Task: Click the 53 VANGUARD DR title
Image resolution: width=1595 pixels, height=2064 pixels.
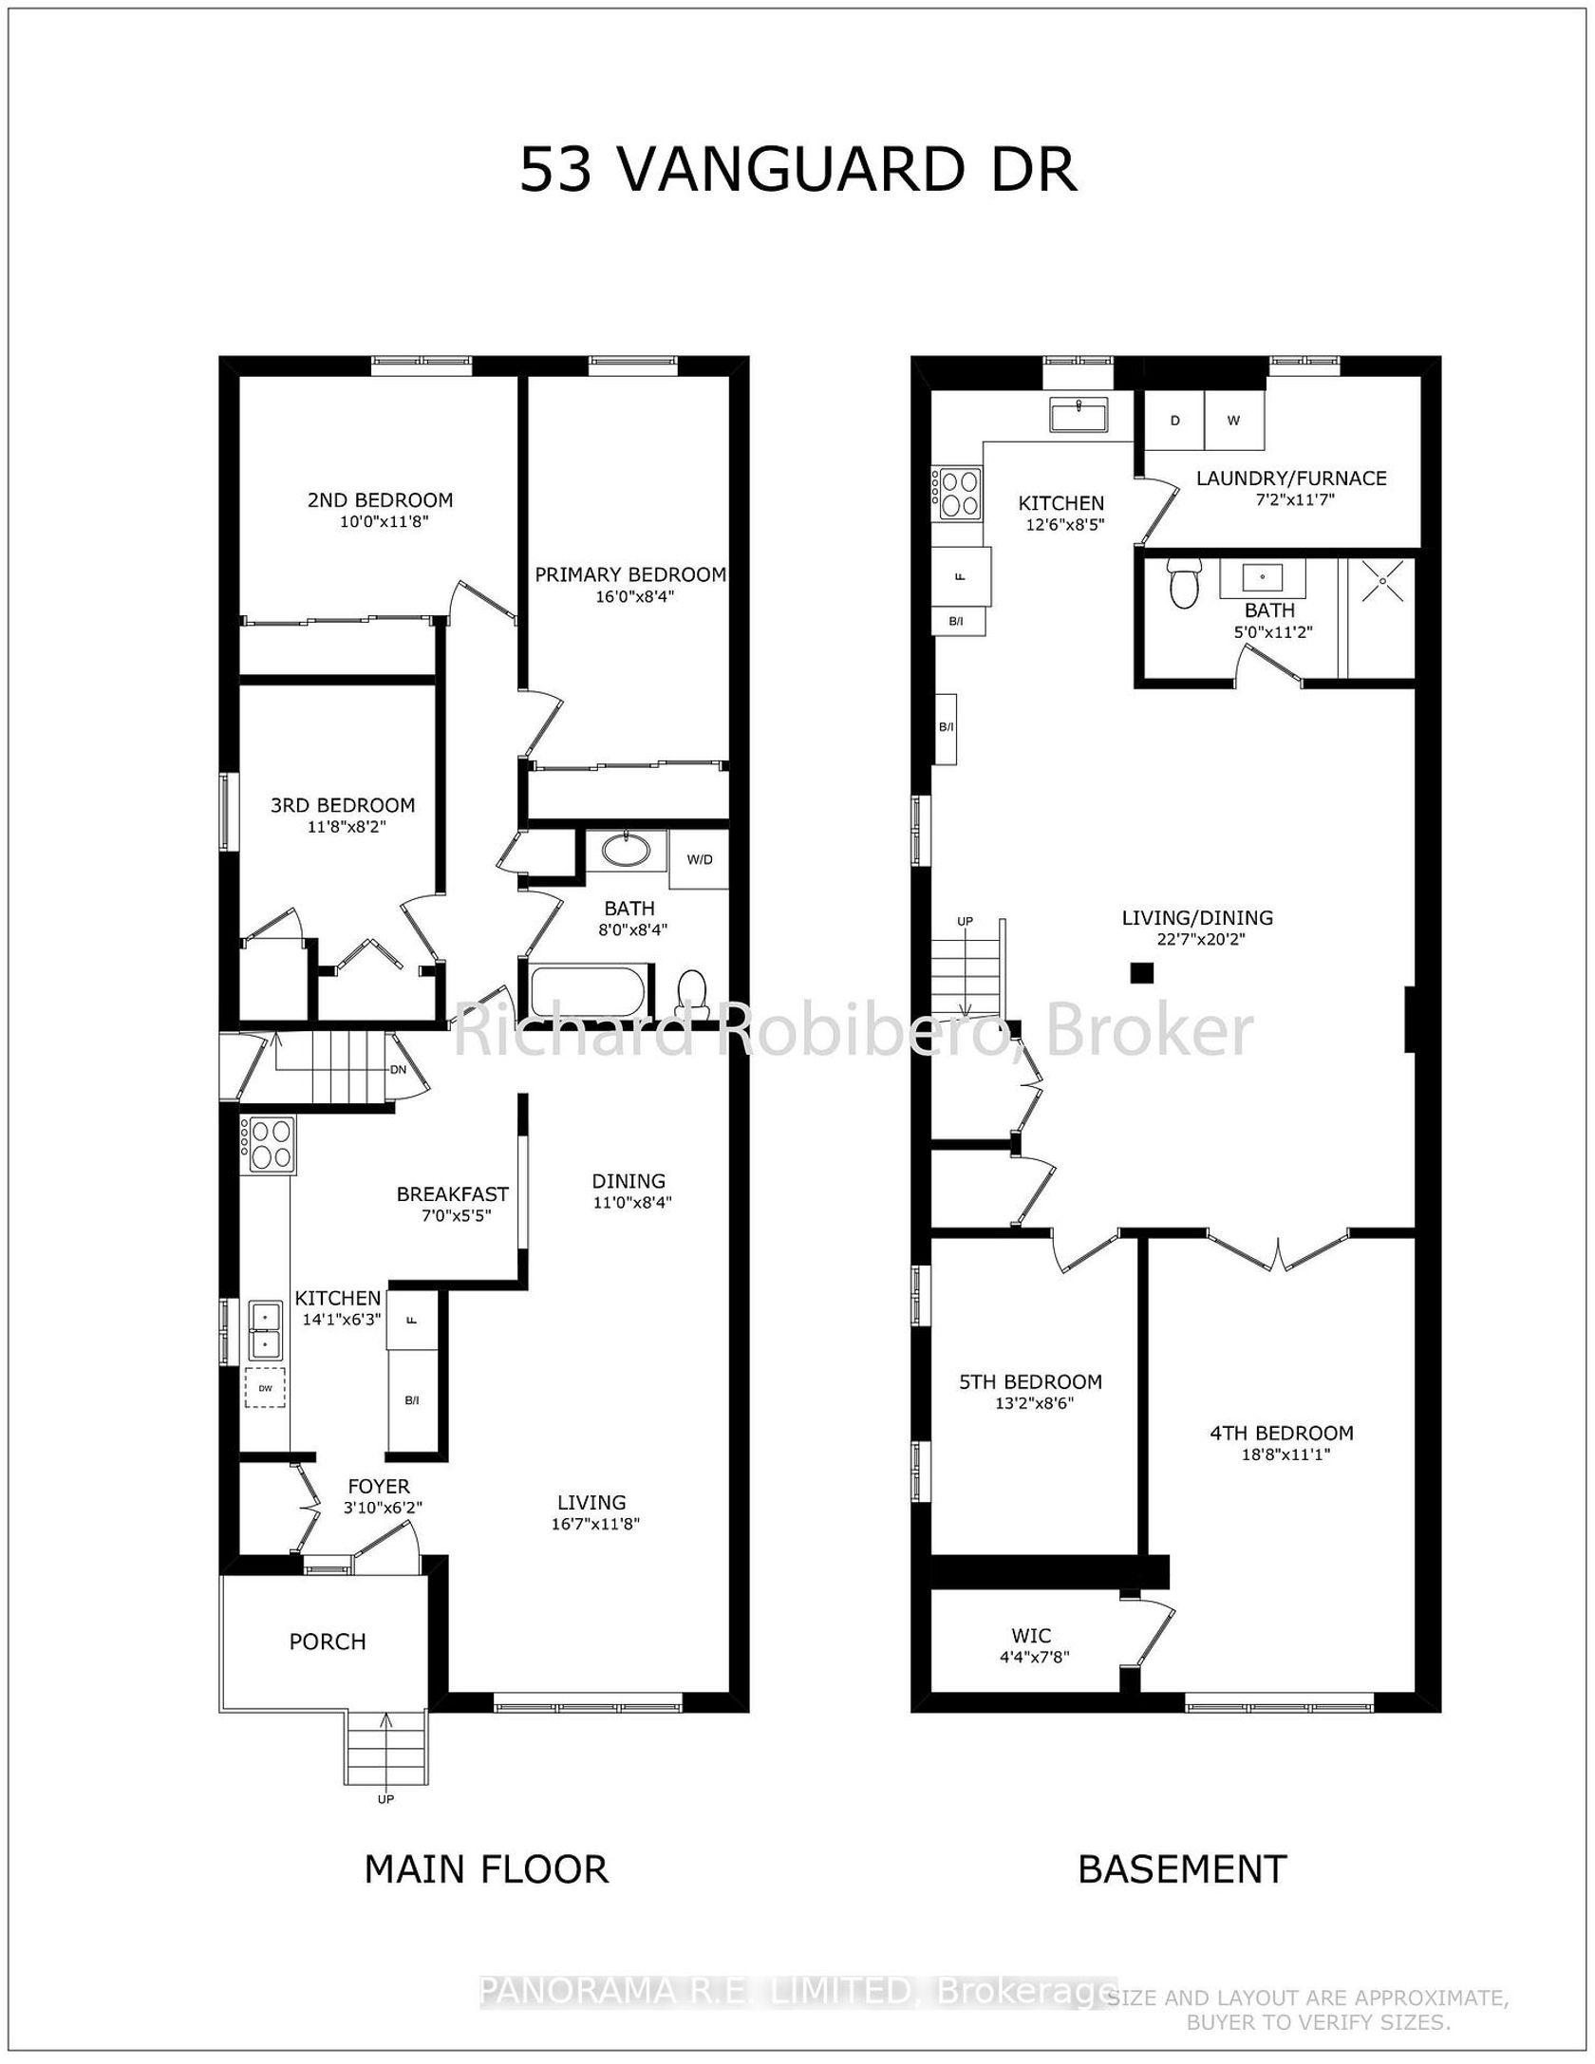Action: point(798,171)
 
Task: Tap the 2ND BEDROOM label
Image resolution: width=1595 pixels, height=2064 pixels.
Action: point(380,499)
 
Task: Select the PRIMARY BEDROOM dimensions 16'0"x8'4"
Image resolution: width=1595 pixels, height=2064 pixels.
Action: point(630,596)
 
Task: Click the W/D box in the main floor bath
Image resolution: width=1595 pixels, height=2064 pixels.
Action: point(699,859)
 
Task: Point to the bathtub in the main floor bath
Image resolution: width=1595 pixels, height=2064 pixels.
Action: point(591,992)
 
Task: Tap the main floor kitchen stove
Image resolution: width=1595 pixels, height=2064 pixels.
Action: point(270,1144)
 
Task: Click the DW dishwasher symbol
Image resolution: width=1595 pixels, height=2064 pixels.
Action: point(265,1388)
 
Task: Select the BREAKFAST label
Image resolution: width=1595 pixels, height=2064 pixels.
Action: point(452,1193)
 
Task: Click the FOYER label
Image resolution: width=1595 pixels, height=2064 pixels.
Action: point(379,1486)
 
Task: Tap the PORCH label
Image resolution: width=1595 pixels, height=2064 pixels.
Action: point(328,1641)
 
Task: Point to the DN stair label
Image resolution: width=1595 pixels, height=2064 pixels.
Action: point(398,1069)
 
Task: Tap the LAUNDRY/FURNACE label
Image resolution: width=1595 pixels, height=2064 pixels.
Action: point(1291,478)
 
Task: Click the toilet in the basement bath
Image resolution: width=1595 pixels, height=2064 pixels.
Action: point(1183,583)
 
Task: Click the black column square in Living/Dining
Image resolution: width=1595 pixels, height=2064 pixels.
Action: point(1141,972)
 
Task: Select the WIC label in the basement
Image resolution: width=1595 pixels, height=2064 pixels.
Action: point(1031,1635)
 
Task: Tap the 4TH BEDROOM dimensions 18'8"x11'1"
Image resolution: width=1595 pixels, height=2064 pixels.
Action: point(1282,1454)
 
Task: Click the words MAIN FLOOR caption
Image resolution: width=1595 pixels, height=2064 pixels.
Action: point(486,1868)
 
